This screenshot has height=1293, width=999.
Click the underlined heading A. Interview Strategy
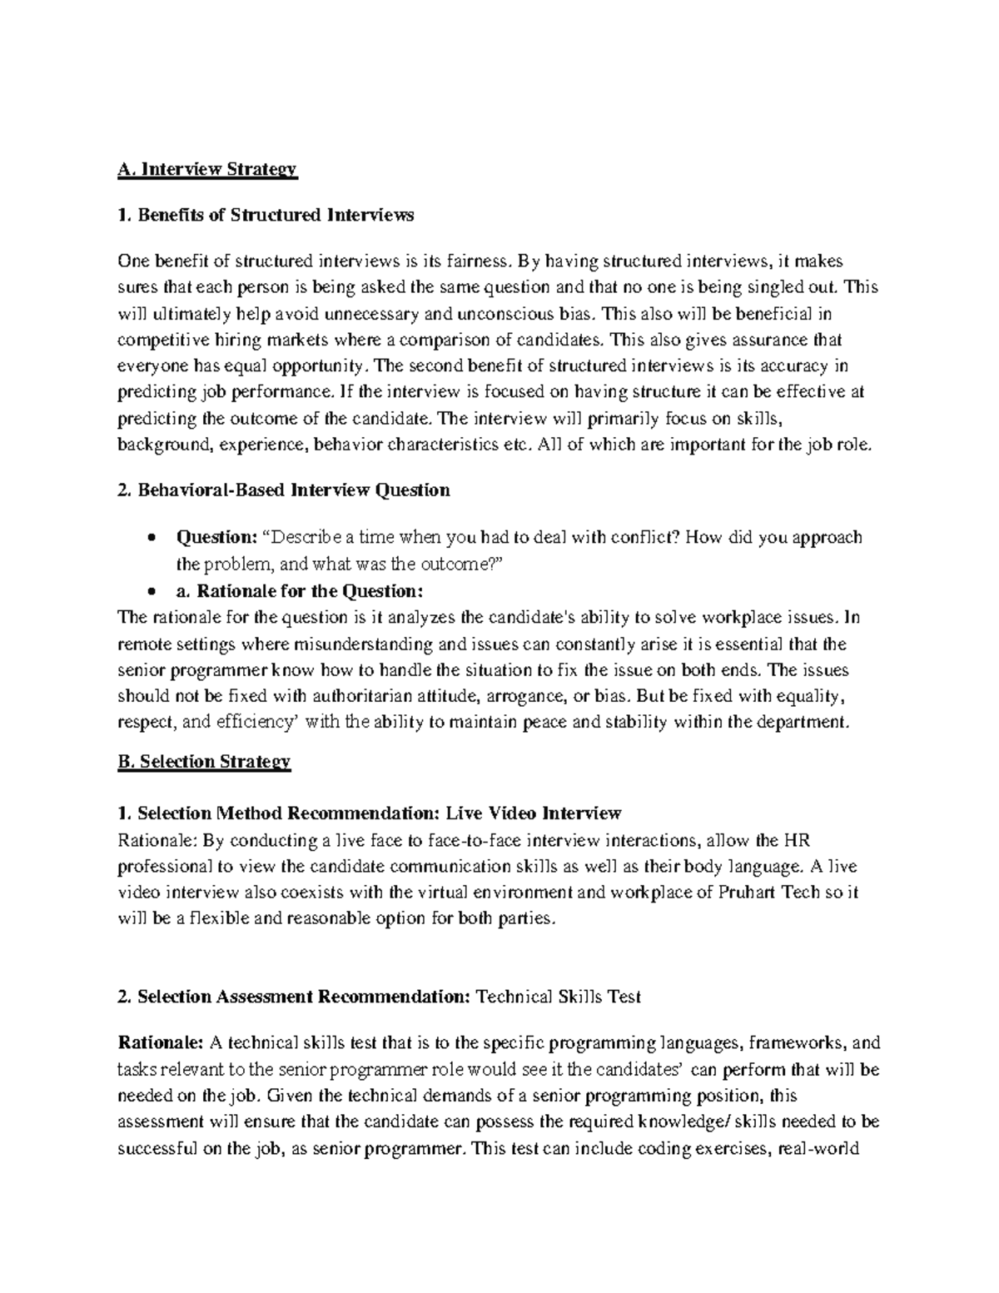(207, 170)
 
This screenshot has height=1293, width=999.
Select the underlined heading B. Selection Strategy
(205, 761)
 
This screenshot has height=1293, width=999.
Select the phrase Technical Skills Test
(558, 997)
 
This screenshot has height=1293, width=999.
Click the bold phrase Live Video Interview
(534, 813)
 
